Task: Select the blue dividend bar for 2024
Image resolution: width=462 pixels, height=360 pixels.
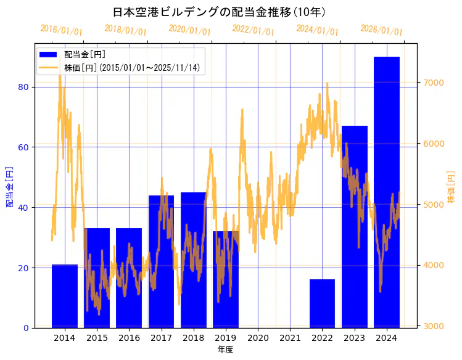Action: pos(386,192)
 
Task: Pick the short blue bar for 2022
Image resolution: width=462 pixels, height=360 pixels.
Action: pos(322,303)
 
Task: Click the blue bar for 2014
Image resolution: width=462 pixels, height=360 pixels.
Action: pos(65,296)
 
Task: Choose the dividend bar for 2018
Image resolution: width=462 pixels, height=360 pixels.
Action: pos(193,260)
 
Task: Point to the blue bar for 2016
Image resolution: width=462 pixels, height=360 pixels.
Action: pos(129,277)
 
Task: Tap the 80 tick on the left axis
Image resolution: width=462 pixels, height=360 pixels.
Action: pos(24,87)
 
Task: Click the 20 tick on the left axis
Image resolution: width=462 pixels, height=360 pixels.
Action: pos(24,268)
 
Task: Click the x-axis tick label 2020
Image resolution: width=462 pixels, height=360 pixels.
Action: pos(258,338)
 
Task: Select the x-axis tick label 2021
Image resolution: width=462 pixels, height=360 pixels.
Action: pos(290,338)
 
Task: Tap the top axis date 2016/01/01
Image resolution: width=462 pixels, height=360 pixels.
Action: pos(61,30)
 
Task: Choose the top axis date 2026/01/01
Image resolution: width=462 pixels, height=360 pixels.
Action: pos(381,30)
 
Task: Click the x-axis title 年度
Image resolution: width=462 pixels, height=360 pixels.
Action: pos(225,350)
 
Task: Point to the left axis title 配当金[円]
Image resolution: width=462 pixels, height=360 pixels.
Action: pos(10,186)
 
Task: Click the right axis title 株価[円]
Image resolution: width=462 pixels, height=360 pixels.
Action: pos(451,187)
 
